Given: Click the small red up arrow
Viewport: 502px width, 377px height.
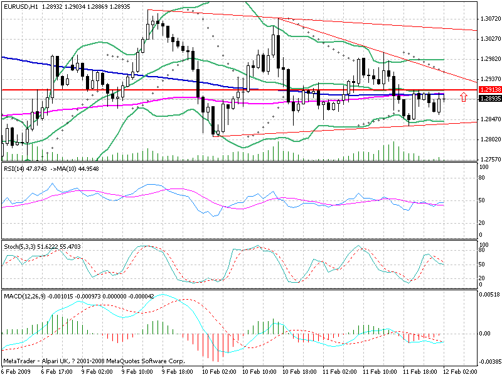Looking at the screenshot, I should coord(463,97).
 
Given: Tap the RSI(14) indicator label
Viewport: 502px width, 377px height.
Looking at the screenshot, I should coord(16,169).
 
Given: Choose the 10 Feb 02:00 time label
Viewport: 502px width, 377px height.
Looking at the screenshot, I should coord(219,372).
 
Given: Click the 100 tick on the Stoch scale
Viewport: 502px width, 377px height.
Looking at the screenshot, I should coord(484,244).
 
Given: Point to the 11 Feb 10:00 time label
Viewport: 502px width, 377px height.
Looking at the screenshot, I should coord(380,372).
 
